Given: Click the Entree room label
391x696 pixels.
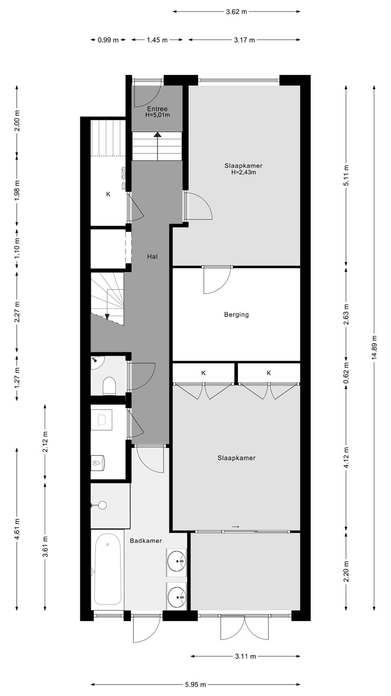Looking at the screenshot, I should tap(157, 109).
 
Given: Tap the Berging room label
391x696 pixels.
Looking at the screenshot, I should tap(236, 314).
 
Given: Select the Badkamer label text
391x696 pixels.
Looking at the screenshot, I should tap(146, 540).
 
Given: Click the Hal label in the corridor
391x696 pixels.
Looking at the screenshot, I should tap(152, 256).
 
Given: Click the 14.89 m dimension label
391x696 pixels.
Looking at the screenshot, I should tap(374, 348).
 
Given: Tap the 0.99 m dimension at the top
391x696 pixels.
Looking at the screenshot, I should tap(108, 40).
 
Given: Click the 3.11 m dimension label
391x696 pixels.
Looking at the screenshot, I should tap(245, 656).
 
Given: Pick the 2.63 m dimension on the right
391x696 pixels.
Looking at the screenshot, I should tap(346, 314).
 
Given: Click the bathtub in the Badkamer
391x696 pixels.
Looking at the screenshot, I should tap(107, 569).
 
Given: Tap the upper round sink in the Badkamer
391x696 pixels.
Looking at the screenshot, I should tap(176, 560).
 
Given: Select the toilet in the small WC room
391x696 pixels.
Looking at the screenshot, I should tap(109, 386).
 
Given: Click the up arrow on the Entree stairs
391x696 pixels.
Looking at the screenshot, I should tap(157, 135).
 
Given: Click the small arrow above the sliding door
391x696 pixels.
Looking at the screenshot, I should tap(235, 526).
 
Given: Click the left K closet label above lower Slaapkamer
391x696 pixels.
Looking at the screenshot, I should tap(204, 373).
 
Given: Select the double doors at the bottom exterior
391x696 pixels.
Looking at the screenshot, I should tap(244, 627).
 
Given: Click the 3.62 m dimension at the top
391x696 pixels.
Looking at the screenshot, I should tap(236, 11).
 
